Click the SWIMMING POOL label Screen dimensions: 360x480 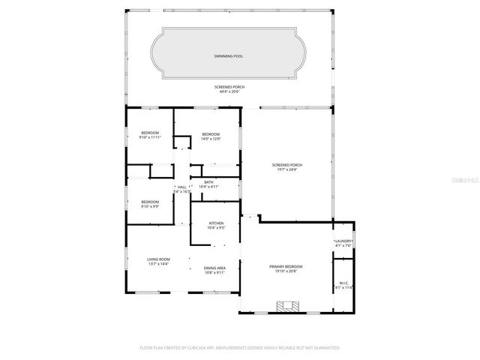[x=229, y=56]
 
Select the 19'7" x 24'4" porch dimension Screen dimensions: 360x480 [x=287, y=169]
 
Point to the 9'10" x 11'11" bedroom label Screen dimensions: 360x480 [x=151, y=137]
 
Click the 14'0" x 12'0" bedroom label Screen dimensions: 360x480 [x=211, y=139]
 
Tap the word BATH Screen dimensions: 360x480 [x=209, y=182]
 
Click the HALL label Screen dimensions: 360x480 [x=182, y=187]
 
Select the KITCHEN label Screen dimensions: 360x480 [x=216, y=223]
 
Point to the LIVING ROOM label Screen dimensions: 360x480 [x=158, y=259]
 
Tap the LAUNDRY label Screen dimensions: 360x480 [x=343, y=241]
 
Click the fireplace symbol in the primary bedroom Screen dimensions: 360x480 [x=287, y=305]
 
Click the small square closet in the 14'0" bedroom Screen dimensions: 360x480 [x=182, y=142]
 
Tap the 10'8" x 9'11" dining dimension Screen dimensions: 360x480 [x=216, y=272]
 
